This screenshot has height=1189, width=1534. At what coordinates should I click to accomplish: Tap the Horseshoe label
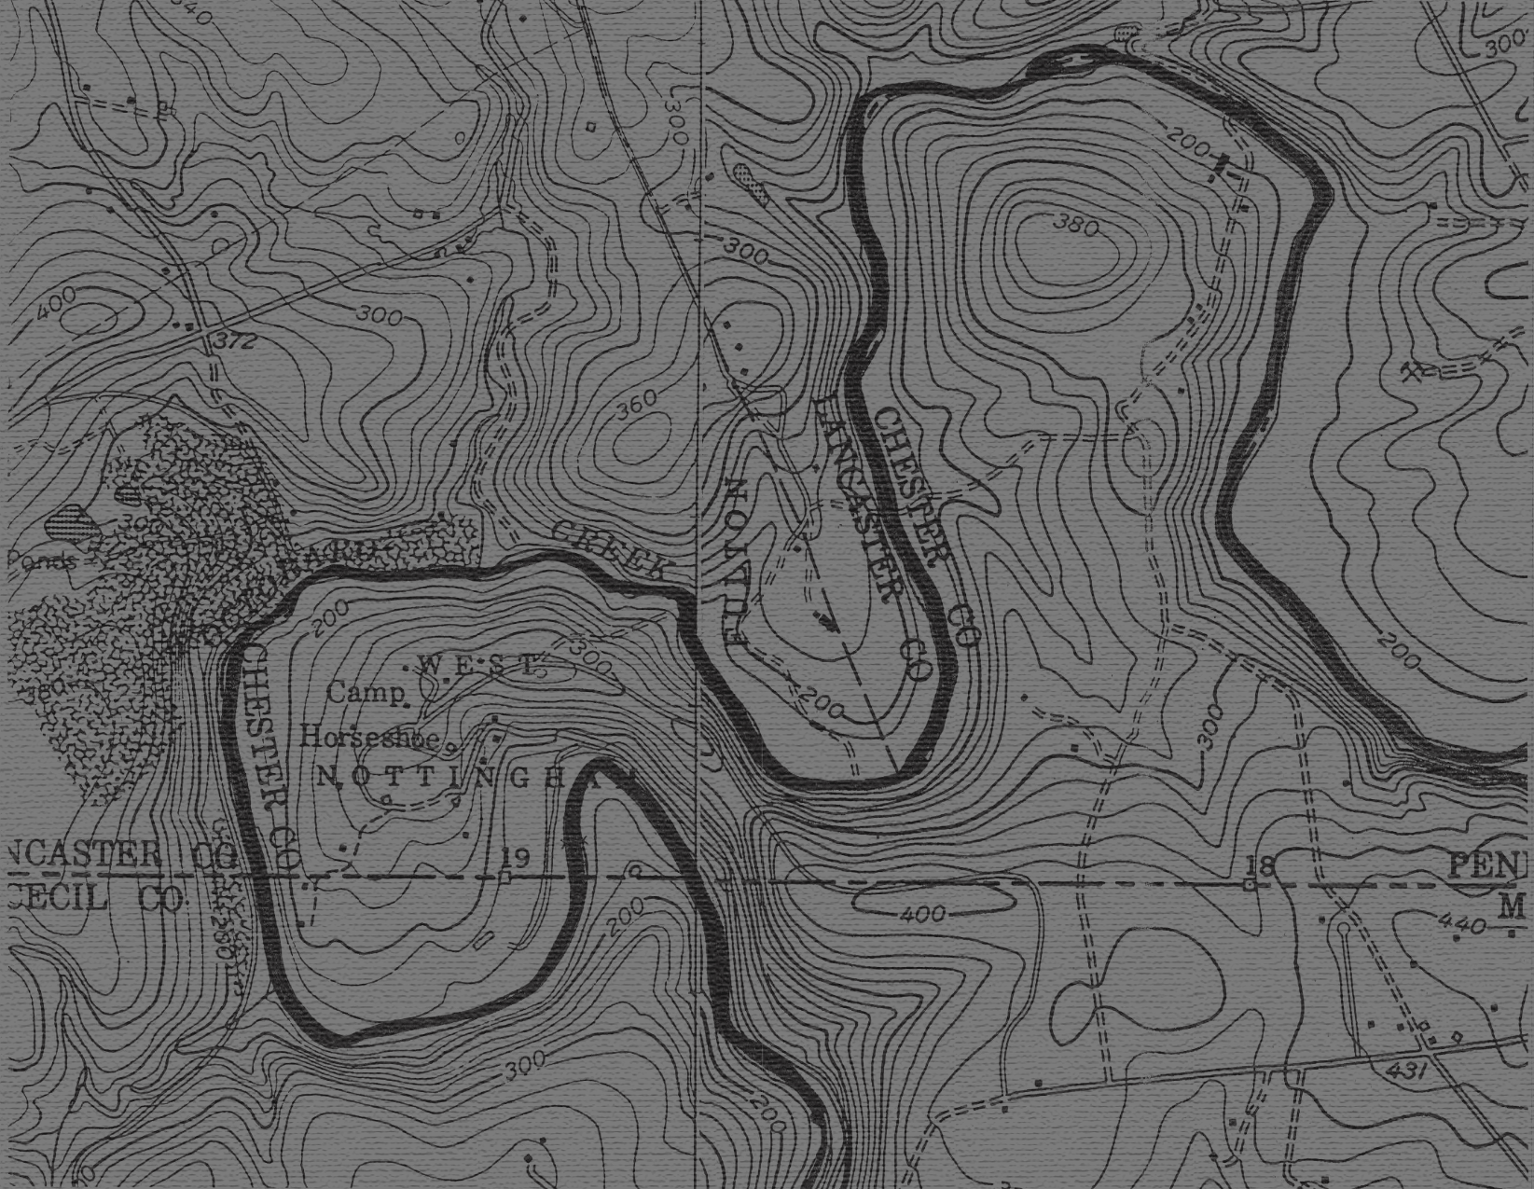[370, 738]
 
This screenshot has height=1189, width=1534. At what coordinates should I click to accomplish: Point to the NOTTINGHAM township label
[471, 777]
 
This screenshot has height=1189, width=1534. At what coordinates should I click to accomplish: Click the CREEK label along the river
[611, 549]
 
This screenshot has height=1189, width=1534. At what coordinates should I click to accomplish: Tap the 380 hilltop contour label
[1075, 224]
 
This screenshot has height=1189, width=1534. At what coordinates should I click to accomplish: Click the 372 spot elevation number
[233, 342]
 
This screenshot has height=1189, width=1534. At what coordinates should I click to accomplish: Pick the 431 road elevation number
[1405, 1071]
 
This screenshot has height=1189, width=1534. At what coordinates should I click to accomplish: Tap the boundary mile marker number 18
[1259, 864]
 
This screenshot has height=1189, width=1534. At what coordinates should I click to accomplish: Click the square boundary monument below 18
[1249, 884]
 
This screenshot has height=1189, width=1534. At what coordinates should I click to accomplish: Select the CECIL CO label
[93, 900]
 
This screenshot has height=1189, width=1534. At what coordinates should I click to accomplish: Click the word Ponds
[42, 560]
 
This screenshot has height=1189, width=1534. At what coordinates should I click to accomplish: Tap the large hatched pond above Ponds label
[73, 518]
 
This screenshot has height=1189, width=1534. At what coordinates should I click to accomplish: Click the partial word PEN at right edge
[1490, 866]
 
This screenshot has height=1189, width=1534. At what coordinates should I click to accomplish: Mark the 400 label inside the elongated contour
[922, 915]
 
